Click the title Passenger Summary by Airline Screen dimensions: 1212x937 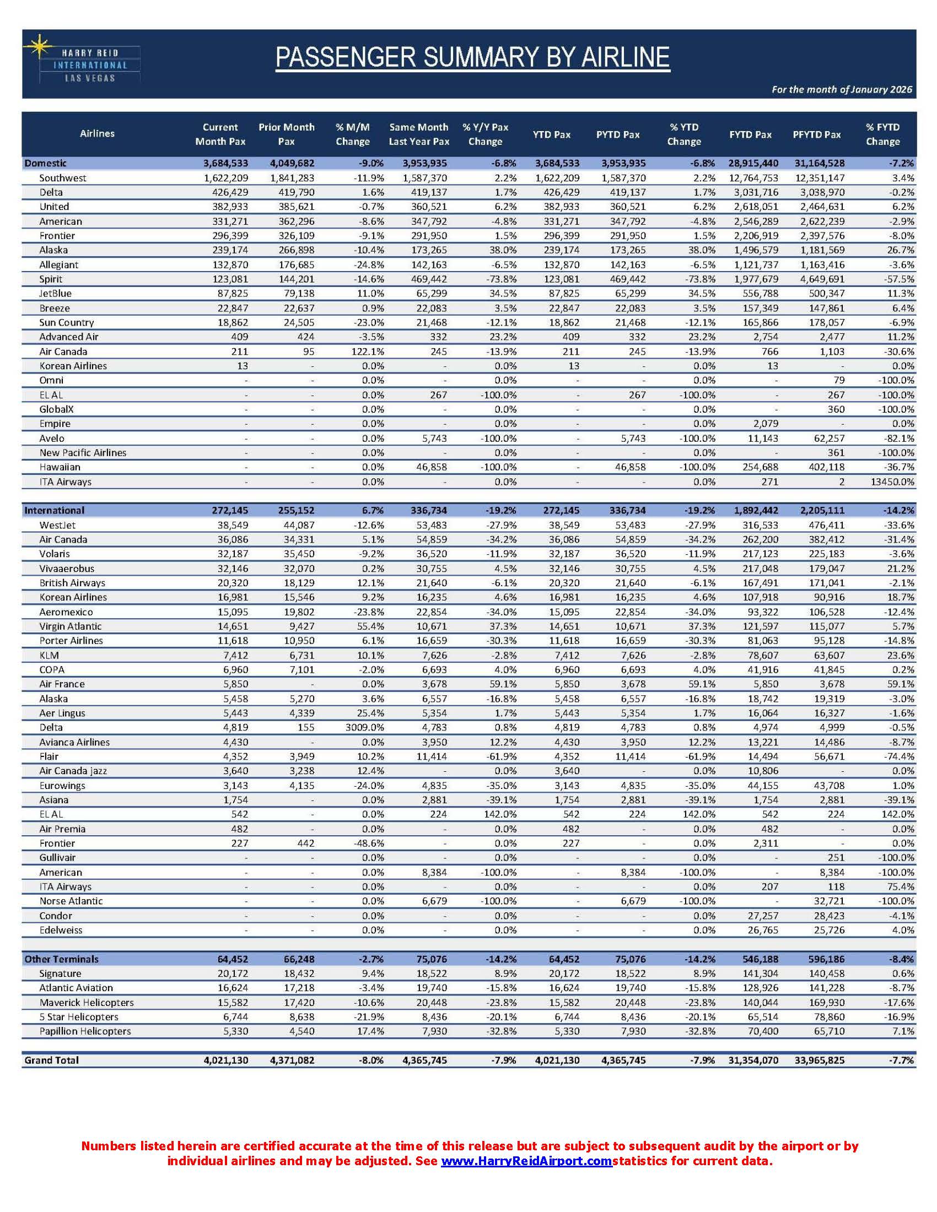(x=472, y=58)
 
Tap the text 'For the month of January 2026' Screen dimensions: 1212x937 (x=842, y=89)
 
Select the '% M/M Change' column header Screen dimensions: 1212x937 (x=353, y=134)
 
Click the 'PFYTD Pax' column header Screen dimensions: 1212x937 (x=816, y=134)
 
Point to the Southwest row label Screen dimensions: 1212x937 (x=63, y=178)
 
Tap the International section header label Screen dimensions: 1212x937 (x=55, y=511)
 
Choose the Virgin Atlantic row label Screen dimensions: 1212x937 (x=71, y=626)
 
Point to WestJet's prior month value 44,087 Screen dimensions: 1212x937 (x=299, y=525)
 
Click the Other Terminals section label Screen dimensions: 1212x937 (x=62, y=959)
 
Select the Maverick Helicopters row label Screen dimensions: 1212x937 (x=86, y=1002)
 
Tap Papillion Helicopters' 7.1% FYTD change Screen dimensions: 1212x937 (x=904, y=1031)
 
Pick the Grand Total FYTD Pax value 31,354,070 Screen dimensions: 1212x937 (x=753, y=1060)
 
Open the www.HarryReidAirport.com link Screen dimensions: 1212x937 (x=526, y=1161)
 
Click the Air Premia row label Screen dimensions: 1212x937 (x=62, y=829)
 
